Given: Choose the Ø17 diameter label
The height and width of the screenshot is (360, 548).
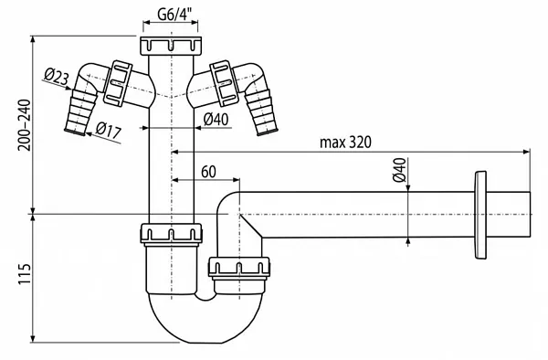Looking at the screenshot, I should click(x=108, y=130).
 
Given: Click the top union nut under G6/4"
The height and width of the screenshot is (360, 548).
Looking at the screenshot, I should click(x=170, y=47).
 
